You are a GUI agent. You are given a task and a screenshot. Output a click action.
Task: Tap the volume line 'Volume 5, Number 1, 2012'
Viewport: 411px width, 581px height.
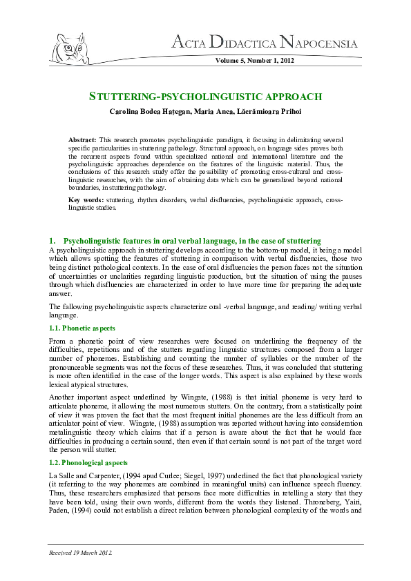[255, 61]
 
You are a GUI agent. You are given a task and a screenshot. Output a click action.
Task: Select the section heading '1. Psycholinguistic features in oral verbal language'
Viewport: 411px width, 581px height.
[187, 239]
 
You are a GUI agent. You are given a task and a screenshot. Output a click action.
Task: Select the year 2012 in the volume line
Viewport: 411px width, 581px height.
[286, 61]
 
